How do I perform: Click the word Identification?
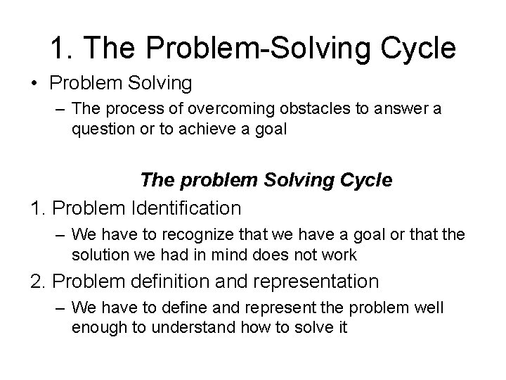click(182, 208)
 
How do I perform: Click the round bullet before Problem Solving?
click(34, 84)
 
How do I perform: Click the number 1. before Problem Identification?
click(39, 208)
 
